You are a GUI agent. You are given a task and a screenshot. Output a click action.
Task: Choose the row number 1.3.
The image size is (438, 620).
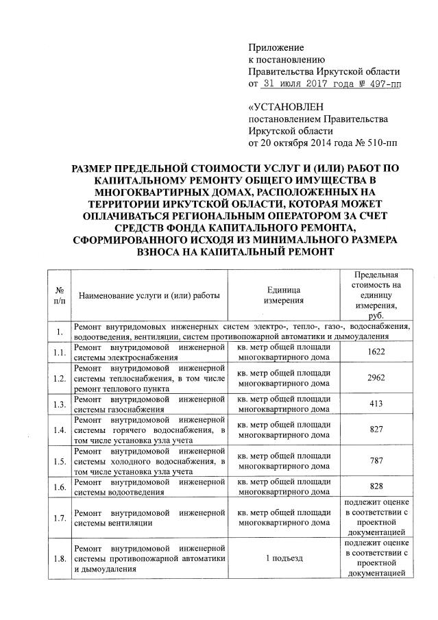point(60,404)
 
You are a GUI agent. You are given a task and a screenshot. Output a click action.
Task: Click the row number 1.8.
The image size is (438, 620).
point(60,558)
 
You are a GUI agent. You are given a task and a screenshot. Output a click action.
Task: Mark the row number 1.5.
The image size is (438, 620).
point(60,464)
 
